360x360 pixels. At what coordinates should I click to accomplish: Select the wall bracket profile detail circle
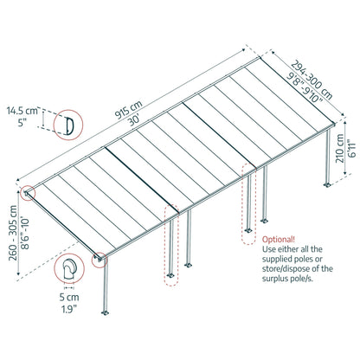tap(71, 271)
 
